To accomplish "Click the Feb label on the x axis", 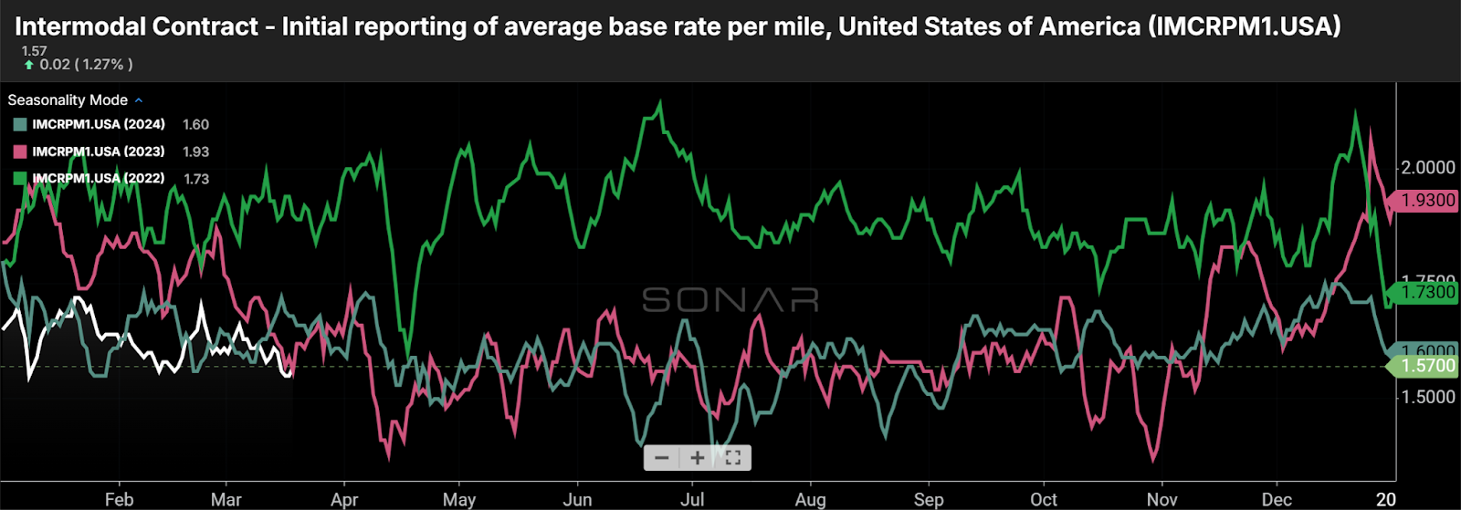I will pyautogui.click(x=119, y=499).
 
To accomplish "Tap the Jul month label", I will pyautogui.click(x=693, y=499).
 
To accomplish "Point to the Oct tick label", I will pyautogui.click(x=1044, y=499).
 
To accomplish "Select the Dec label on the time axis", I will pyautogui.click(x=1277, y=499).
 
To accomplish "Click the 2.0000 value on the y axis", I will pyautogui.click(x=1428, y=168).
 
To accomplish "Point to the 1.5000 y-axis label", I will pyautogui.click(x=1428, y=397).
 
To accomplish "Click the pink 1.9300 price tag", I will pyautogui.click(x=1424, y=201).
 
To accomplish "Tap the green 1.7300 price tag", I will pyautogui.click(x=1424, y=292).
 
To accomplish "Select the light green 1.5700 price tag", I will pyautogui.click(x=1424, y=366).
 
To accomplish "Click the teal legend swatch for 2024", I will pyautogui.click(x=20, y=125).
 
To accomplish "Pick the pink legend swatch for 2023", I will pyautogui.click(x=20, y=152).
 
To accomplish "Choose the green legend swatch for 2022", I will pyautogui.click(x=20, y=179).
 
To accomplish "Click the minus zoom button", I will pyautogui.click(x=662, y=458).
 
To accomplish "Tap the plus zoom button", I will pyautogui.click(x=697, y=458).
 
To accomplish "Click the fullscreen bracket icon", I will pyautogui.click(x=732, y=458).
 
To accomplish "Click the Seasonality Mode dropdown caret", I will pyautogui.click(x=139, y=100).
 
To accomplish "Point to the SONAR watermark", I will pyautogui.click(x=730, y=299).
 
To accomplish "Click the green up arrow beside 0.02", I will pyautogui.click(x=29, y=65).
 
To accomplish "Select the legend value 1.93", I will pyautogui.click(x=195, y=152).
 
